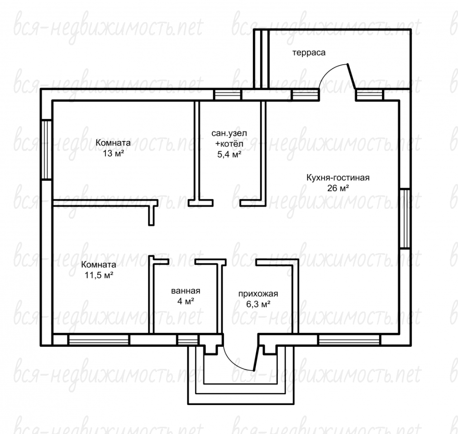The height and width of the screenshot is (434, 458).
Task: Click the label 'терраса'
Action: point(309,53)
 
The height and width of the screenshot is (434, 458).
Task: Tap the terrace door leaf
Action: point(351,76)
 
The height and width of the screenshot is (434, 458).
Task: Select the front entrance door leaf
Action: point(256,358)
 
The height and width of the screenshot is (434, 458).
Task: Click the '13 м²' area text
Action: point(113,153)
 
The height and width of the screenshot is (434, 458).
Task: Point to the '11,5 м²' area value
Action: point(99,275)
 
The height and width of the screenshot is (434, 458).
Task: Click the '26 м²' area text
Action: point(338,188)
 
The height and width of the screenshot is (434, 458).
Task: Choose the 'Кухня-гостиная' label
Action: point(338,178)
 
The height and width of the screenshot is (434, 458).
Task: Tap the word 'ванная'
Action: point(186,291)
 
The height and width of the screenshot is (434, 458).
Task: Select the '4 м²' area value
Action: point(186,301)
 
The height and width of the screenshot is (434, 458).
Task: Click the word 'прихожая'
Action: point(258,294)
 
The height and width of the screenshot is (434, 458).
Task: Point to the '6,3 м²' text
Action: point(258,304)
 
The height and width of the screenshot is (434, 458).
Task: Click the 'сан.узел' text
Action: point(229,133)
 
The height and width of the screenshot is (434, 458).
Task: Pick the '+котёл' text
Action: point(229,144)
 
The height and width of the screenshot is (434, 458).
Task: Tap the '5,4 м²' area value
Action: point(229,154)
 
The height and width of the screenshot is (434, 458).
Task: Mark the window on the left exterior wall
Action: point(46,149)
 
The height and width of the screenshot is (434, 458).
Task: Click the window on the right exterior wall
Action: point(405,219)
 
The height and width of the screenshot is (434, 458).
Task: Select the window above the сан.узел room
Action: point(227,95)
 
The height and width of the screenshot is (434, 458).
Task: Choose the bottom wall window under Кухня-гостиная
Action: point(349,340)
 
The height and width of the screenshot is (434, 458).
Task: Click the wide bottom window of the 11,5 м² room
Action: point(99,340)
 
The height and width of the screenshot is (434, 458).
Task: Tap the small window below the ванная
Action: point(188,340)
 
